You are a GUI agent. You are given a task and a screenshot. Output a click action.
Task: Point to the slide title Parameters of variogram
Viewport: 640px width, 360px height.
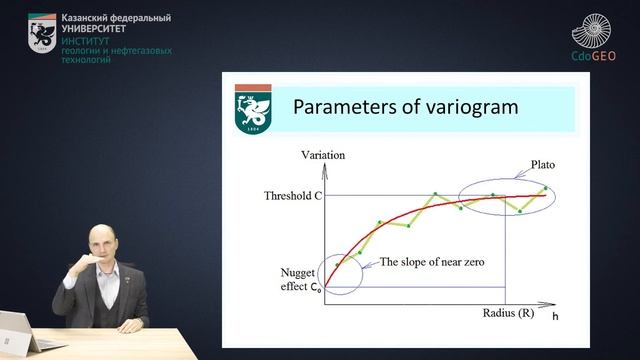click(404, 106)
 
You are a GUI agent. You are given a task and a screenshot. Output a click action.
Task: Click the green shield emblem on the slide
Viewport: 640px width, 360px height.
click(253, 110)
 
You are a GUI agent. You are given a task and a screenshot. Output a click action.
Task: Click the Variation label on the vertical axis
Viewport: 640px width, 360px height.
click(322, 155)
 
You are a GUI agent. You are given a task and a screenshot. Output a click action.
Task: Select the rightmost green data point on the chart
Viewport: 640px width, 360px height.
click(545, 188)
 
